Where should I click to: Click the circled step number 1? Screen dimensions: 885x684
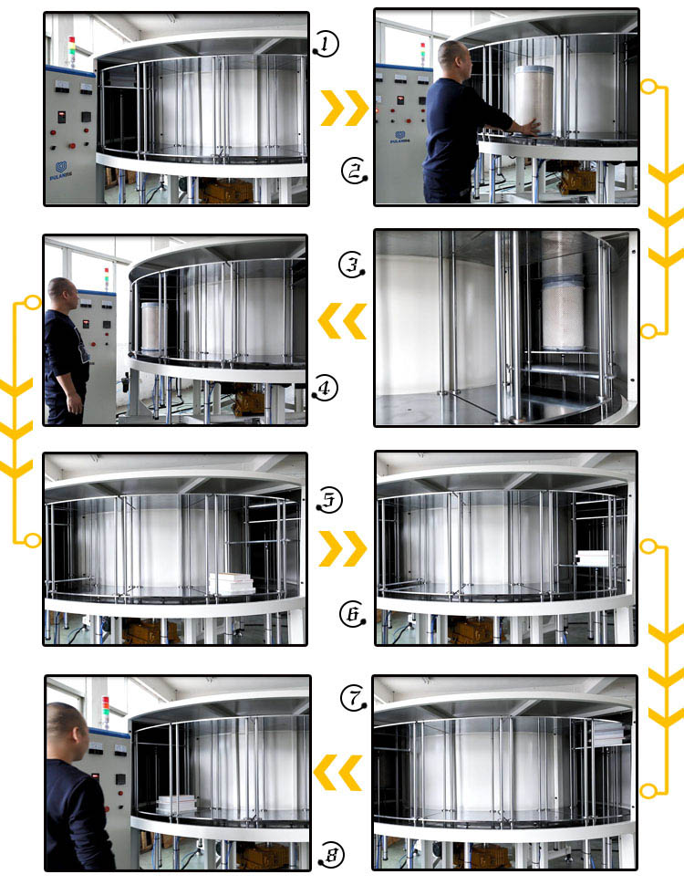coord(326,43)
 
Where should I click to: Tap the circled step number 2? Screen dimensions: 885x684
coord(354,171)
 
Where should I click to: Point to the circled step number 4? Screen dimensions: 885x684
coord(325,389)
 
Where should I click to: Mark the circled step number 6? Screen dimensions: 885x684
coord(352,615)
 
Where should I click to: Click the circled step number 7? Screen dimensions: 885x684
coord(353,699)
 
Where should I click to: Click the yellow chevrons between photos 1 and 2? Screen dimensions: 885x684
coord(344,109)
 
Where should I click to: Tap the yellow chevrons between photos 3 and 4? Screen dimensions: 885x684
coord(341,321)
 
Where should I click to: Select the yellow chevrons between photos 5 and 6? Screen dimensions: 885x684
coord(342,548)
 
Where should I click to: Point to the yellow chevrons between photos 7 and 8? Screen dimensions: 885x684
coord(338,772)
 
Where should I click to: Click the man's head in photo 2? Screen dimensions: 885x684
coord(453,60)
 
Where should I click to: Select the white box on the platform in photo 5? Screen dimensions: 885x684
coord(232,584)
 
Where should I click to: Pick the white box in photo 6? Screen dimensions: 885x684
coord(594,558)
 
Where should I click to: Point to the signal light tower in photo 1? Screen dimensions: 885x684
coord(71,50)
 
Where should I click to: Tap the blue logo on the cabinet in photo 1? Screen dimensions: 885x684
coord(62,168)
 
